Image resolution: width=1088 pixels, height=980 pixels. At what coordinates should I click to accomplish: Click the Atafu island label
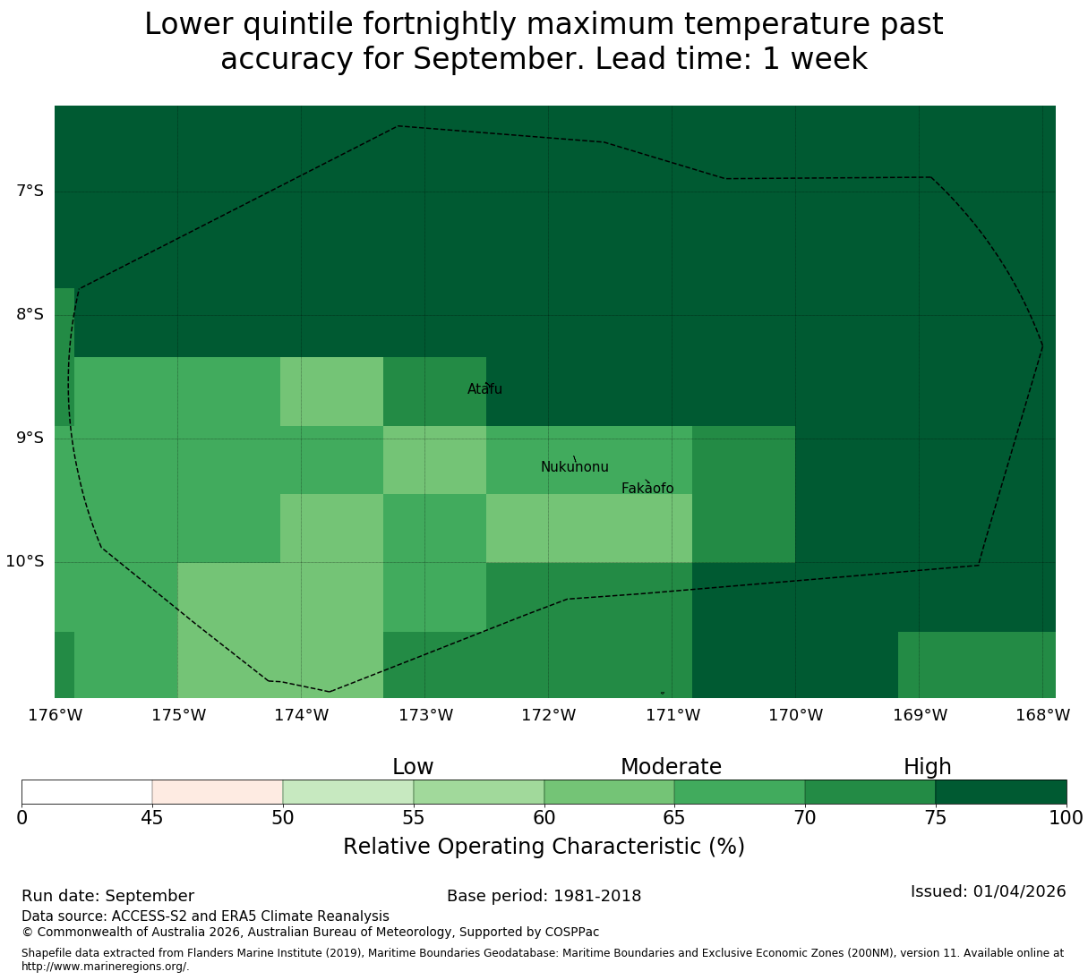pyautogui.click(x=484, y=388)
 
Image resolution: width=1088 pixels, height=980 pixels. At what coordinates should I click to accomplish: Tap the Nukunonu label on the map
pyautogui.click(x=574, y=466)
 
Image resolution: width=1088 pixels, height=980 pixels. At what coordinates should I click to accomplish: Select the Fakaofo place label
pyautogui.click(x=647, y=488)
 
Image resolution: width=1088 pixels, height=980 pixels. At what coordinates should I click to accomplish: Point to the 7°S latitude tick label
pyautogui.click(x=30, y=191)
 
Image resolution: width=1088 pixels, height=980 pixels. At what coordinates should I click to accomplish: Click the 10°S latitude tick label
pyautogui.click(x=25, y=561)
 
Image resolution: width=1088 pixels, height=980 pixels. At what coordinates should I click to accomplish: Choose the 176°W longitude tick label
pyautogui.click(x=55, y=715)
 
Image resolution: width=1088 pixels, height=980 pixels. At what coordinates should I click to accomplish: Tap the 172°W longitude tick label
pyautogui.click(x=548, y=715)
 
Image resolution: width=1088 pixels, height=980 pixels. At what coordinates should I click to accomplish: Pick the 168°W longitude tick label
pyautogui.click(x=1042, y=715)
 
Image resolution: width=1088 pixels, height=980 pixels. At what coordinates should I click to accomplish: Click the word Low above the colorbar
pyautogui.click(x=413, y=767)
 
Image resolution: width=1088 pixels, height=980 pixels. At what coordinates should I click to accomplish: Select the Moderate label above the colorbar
pyautogui.click(x=671, y=767)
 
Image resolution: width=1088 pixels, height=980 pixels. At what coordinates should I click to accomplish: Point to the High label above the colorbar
pyautogui.click(x=927, y=767)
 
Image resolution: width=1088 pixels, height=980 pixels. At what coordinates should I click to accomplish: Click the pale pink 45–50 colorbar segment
pyautogui.click(x=217, y=792)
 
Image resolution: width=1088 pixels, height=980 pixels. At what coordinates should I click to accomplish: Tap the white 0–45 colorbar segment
pyautogui.click(x=87, y=792)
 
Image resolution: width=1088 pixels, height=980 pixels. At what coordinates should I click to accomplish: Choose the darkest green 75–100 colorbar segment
pyautogui.click(x=1000, y=792)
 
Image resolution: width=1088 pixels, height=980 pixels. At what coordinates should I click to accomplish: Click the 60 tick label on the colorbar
pyautogui.click(x=544, y=817)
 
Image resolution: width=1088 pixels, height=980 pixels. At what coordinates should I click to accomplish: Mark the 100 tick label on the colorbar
pyautogui.click(x=1066, y=817)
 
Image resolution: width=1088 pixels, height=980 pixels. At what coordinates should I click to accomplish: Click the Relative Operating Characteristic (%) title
pyautogui.click(x=544, y=847)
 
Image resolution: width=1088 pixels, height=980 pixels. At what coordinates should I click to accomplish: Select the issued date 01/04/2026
pyautogui.click(x=1019, y=891)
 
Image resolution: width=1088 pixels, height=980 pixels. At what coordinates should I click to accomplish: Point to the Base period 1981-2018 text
pyautogui.click(x=544, y=896)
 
